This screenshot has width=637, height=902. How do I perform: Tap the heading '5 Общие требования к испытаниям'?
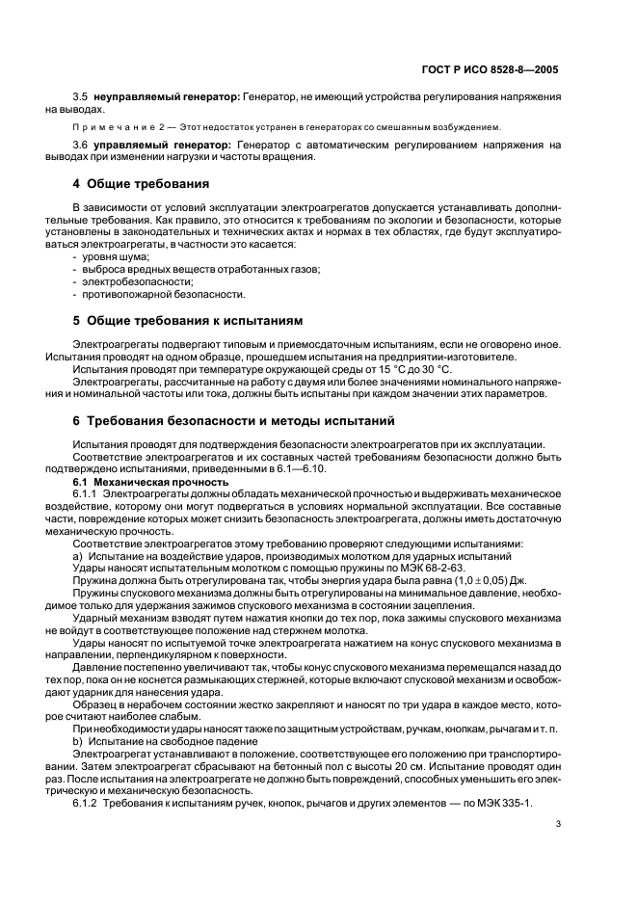[188, 319]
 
